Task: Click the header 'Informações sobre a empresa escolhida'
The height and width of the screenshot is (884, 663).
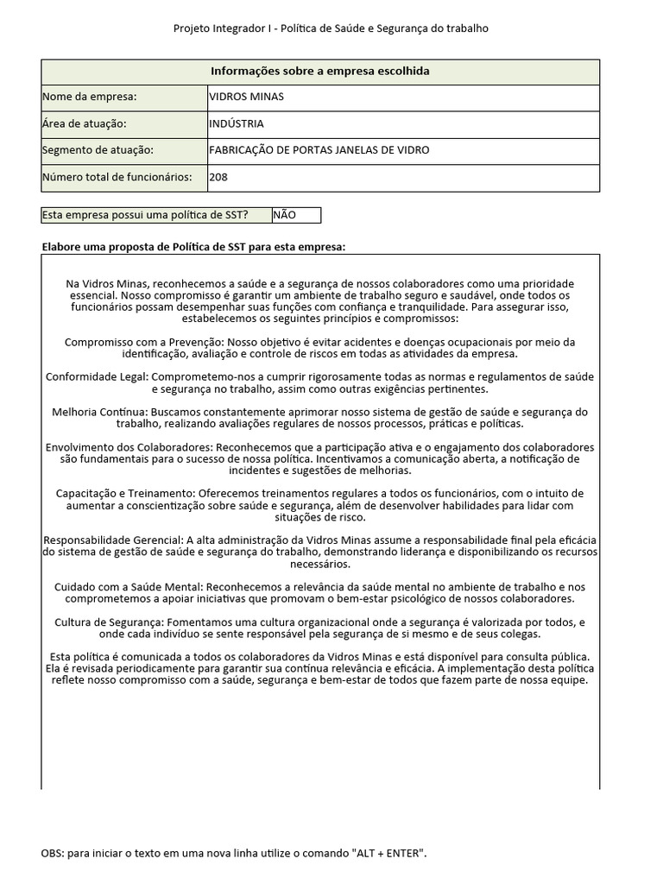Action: click(320, 72)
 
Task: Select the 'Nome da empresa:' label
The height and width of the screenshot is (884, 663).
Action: click(89, 98)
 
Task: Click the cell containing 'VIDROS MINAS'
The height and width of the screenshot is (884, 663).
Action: click(246, 98)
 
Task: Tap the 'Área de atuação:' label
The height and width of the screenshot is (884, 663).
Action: click(85, 123)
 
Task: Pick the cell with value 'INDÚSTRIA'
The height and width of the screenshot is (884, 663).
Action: click(237, 123)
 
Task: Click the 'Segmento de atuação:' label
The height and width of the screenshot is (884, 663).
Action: click(97, 150)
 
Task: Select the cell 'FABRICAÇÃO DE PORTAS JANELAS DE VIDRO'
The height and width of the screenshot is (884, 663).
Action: click(319, 150)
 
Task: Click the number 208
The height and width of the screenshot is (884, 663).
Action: click(218, 177)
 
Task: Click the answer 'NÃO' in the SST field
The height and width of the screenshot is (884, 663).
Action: click(284, 215)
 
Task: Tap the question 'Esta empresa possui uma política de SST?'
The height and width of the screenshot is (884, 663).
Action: click(146, 215)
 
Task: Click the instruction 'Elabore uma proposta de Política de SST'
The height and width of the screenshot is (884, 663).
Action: click(193, 247)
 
